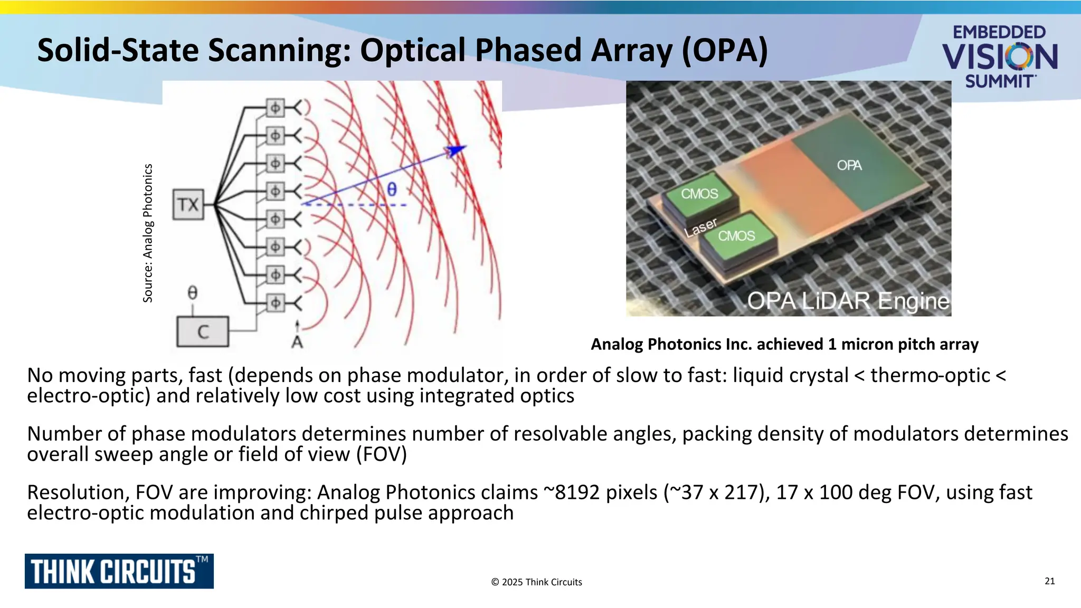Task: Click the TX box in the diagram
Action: (188, 205)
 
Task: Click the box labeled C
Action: (203, 331)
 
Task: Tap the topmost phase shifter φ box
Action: (275, 108)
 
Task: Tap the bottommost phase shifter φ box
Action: (275, 303)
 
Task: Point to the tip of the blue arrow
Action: (464, 147)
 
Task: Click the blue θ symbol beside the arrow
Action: (392, 189)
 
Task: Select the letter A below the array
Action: (297, 343)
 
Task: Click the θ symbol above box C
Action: (193, 292)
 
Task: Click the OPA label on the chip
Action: (849, 166)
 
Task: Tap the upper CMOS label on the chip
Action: (699, 194)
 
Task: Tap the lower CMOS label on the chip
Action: (736, 236)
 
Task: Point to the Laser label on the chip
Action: (700, 227)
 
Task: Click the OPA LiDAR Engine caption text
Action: (848, 301)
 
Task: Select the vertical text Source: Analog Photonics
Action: (148, 233)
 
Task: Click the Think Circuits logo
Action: (119, 571)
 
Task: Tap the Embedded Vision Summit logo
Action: (999, 56)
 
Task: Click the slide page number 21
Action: (1049, 581)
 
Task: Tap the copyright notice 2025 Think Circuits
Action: (536, 582)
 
